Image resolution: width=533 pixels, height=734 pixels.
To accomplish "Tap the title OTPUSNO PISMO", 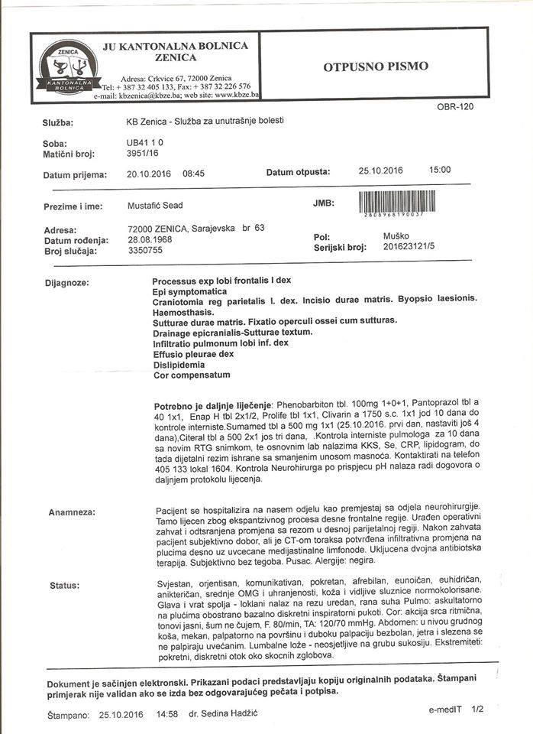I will click(x=376, y=67).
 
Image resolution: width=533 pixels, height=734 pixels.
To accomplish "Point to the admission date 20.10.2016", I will click(x=149, y=174).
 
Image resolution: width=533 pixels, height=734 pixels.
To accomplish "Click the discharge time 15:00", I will click(x=440, y=170).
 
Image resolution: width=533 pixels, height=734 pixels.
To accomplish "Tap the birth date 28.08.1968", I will click(x=150, y=240).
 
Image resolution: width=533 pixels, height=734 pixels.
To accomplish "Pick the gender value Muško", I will click(x=396, y=236).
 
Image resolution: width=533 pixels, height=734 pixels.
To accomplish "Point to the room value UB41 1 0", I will click(x=144, y=143).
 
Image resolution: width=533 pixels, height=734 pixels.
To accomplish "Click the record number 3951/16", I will click(x=142, y=154).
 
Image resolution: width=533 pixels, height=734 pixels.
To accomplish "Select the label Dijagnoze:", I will click(x=67, y=283).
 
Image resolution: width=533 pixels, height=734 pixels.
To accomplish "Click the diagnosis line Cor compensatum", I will click(x=191, y=375).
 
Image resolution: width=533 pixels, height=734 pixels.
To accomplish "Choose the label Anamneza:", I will click(x=71, y=511).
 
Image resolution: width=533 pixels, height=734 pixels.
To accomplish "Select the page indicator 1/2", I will click(x=478, y=710).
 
